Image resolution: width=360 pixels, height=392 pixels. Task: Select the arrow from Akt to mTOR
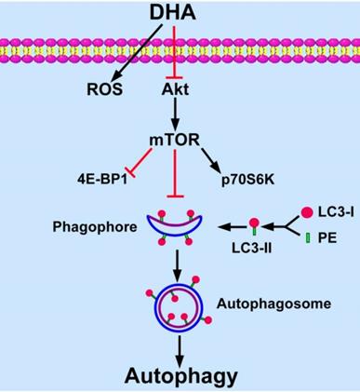[x=175, y=114]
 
